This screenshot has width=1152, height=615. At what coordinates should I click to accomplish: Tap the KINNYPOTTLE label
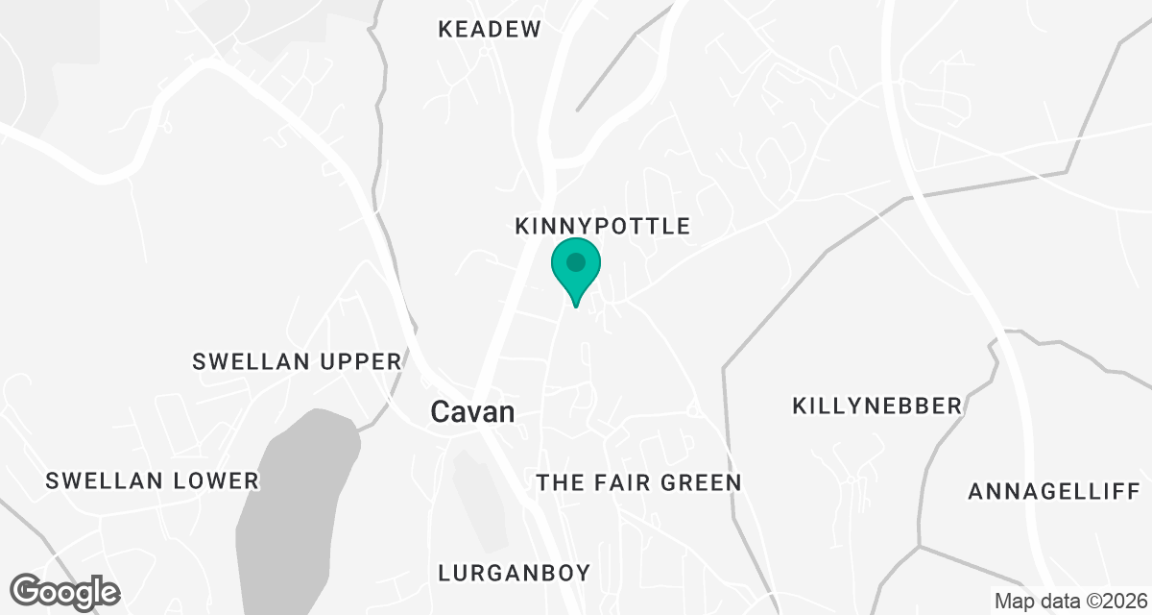[602, 226]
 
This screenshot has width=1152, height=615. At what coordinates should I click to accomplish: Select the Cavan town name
[471, 412]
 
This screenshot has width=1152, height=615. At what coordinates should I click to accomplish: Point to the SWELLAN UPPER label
[296, 361]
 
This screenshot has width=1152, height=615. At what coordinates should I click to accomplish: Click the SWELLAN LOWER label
[152, 480]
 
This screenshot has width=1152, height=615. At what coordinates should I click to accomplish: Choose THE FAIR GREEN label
[638, 482]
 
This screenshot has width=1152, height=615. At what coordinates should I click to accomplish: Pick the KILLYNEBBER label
[877, 406]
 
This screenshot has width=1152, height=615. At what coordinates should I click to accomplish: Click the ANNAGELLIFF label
[1052, 492]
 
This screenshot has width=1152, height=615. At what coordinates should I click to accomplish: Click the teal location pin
[575, 269]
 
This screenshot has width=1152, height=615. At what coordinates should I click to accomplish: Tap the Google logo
[65, 590]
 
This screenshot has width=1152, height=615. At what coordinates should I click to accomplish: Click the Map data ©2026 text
[1069, 602]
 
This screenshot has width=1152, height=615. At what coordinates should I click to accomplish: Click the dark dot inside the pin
[575, 261]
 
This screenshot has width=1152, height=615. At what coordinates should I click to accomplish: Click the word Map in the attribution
[1012, 602]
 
